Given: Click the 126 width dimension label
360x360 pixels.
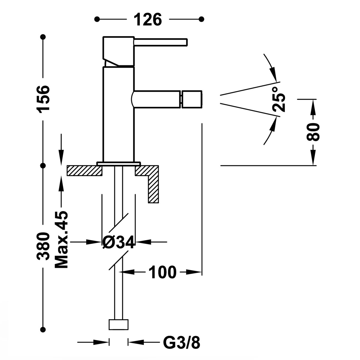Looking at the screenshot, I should pyautogui.click(x=148, y=19).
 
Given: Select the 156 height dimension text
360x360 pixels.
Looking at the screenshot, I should pyautogui.click(x=44, y=99).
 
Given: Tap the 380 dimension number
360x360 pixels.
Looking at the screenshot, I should pyautogui.click(x=44, y=246).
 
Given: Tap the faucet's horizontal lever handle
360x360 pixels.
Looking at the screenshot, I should pyautogui.click(x=160, y=42).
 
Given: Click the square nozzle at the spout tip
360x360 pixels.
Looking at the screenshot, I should pyautogui.click(x=192, y=99).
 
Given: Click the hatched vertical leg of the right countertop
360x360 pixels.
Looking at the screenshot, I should pyautogui.click(x=154, y=189).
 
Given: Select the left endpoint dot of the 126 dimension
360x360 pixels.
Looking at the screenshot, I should pyautogui.click(x=97, y=19).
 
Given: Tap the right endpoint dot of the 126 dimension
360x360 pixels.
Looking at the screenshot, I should pyautogui.click(x=202, y=19).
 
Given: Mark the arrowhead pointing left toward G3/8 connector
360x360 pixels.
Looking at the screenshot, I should pyautogui.click(x=133, y=342).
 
